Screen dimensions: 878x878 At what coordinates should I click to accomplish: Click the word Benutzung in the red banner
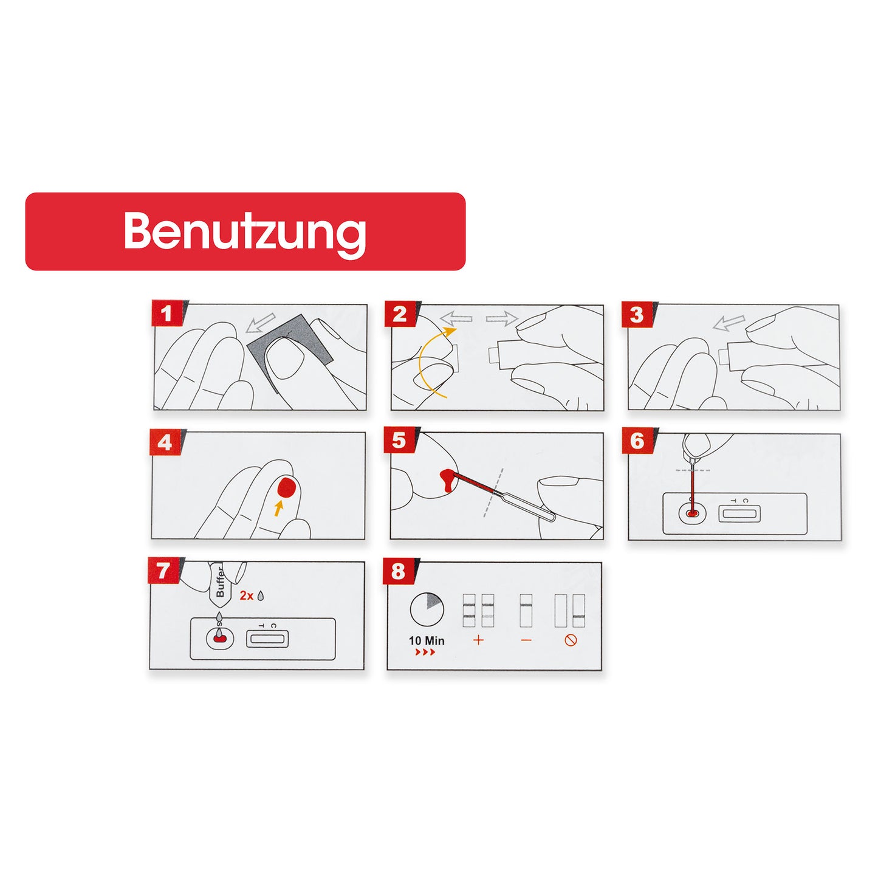245,232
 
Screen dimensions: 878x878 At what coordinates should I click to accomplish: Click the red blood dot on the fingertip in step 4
287,488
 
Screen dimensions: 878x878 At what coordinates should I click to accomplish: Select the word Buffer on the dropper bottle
220,581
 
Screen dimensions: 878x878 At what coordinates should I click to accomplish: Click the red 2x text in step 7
247,596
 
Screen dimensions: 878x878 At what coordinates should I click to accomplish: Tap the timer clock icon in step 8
427,609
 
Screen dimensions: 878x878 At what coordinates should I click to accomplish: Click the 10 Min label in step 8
427,640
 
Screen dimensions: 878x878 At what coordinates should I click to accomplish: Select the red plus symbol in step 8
478,640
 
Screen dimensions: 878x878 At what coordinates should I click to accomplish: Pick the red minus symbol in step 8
526,640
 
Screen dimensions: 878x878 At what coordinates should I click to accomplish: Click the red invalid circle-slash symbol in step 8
571,640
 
